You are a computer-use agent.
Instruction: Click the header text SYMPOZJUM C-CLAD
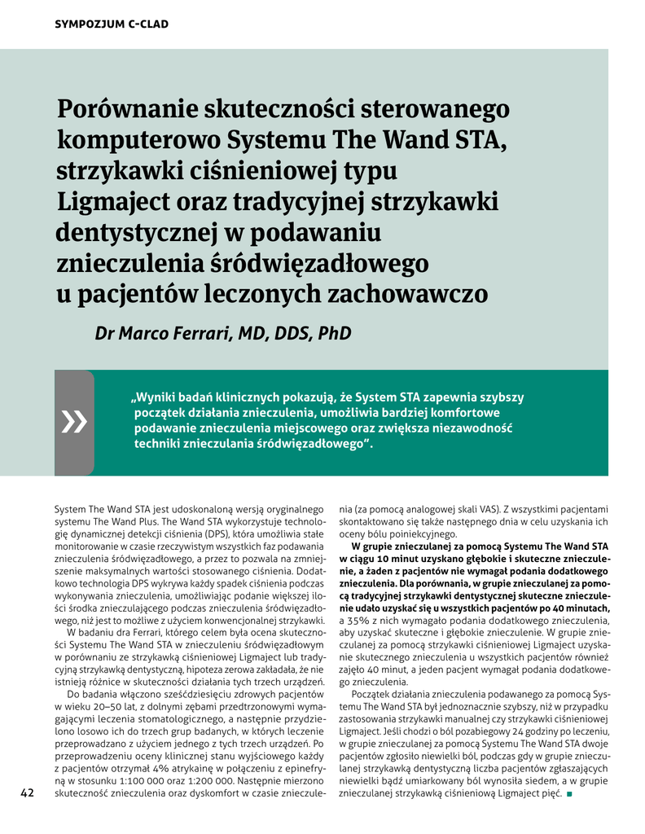point(111,24)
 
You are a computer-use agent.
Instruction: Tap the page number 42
point(27,792)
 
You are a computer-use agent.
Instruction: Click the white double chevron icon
point(74,421)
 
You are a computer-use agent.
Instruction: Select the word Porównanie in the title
point(134,110)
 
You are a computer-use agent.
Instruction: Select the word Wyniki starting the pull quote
point(160,398)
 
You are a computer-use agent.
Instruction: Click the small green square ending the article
point(570,793)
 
